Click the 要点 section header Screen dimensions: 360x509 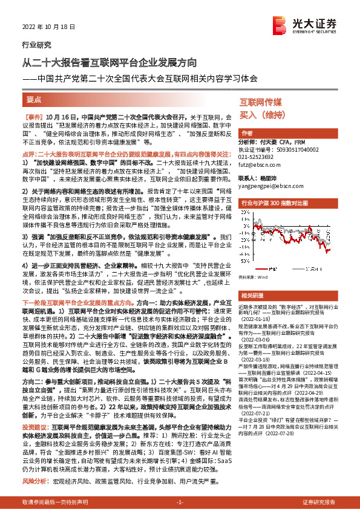coord(34,99)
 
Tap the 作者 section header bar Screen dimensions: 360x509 coord(247,132)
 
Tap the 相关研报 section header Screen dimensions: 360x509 coord(250,295)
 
